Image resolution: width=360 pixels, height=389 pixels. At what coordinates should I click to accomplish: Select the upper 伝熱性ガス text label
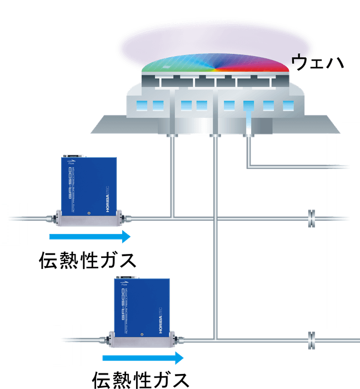tap(87, 260)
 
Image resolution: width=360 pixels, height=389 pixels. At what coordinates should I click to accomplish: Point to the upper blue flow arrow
tap(89, 237)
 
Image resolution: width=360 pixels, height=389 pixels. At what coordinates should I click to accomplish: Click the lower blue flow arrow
tap(142, 356)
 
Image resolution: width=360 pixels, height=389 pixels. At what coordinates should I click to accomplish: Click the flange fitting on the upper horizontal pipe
tap(311, 219)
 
